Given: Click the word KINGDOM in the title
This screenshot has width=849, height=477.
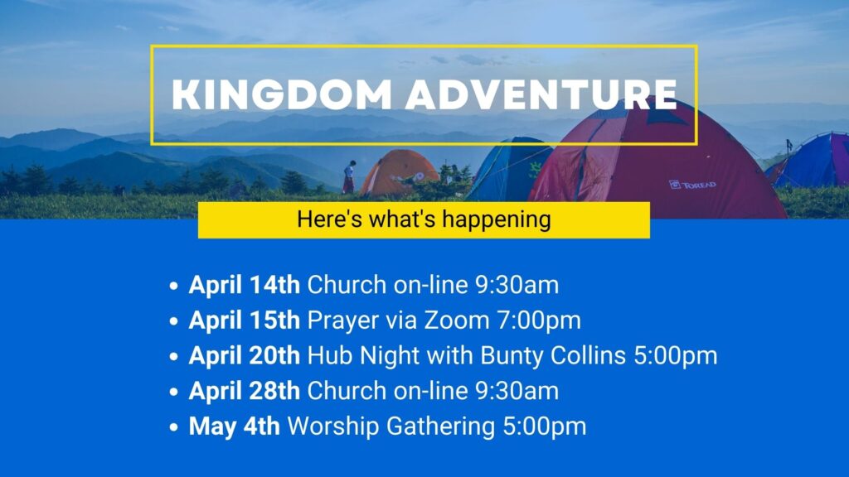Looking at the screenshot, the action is click(x=282, y=94).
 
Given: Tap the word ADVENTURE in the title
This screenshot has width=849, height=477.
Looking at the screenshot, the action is click(x=541, y=94).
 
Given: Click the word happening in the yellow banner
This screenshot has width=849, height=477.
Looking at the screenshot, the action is click(x=497, y=220).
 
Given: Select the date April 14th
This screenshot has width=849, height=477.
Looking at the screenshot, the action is click(x=245, y=285).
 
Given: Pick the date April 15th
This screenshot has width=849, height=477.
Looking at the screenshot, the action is click(x=245, y=320).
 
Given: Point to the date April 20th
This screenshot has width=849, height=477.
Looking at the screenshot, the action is click(x=245, y=355).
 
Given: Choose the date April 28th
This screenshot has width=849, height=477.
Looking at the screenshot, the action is click(x=245, y=391).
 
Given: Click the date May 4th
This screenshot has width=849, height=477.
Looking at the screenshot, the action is click(x=235, y=426).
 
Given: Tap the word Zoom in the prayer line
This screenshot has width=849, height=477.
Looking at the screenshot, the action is click(x=457, y=320).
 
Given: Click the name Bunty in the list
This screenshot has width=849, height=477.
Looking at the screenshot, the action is click(x=512, y=356).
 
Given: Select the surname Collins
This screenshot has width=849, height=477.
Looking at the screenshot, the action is click(x=588, y=355).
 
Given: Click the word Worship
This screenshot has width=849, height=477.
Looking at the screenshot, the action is click(x=333, y=426).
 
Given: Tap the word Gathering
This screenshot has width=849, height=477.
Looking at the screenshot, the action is click(x=441, y=426).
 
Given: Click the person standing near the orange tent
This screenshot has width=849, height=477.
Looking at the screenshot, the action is click(x=349, y=176).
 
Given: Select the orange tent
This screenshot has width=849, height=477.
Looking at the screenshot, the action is click(x=399, y=172).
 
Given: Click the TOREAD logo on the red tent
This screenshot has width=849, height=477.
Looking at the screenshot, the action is click(x=692, y=185).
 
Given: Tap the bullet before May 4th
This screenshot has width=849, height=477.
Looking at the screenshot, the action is click(x=174, y=427).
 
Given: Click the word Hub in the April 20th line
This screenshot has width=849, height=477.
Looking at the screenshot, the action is click(x=330, y=355).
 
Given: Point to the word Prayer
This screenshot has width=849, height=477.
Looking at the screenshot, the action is click(x=342, y=320).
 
